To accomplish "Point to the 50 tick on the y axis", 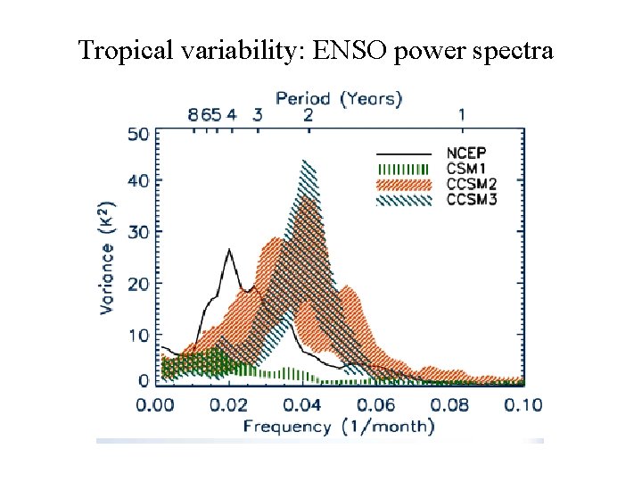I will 139,134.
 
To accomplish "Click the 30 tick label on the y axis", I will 139,232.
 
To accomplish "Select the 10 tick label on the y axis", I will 139,335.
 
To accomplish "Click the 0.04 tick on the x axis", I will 303,404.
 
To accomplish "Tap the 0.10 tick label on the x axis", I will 523,404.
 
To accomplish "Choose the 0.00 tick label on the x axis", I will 157,404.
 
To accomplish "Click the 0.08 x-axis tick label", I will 449,404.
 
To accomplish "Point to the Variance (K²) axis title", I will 108,257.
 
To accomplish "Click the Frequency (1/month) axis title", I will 340,426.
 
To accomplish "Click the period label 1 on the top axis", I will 462,114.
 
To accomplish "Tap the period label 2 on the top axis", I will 308,114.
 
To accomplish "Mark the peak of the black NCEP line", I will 229,249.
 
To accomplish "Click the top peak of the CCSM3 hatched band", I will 305,161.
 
